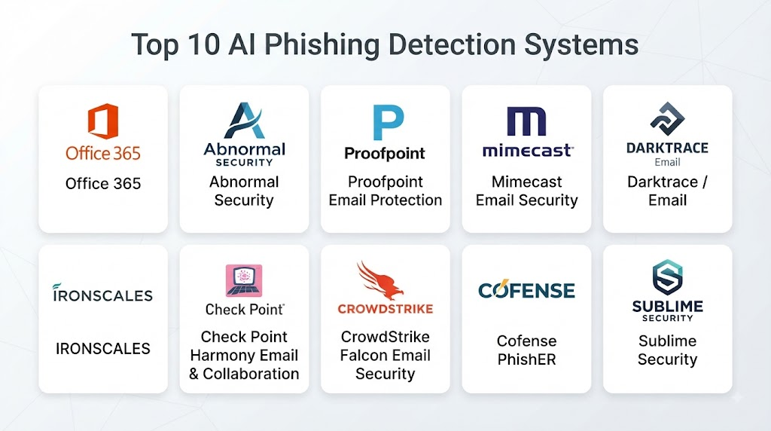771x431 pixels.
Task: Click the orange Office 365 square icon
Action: pos(103,121)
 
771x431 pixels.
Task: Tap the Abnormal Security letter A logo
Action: pos(245,120)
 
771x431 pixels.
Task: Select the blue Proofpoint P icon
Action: pos(388,123)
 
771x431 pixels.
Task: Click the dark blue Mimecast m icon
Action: pos(526,121)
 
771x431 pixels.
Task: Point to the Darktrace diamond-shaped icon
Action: pos(667,118)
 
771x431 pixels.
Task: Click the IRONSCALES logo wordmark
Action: pos(102,293)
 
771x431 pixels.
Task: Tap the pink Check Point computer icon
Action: pos(244,280)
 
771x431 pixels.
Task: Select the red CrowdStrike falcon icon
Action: pos(380,280)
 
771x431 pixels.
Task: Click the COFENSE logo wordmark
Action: pos(526,290)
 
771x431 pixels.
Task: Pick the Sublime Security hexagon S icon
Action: pos(667,277)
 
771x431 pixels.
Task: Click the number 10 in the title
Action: pos(203,44)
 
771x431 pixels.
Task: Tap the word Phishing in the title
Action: pos(322,45)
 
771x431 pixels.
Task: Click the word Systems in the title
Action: pos(581,45)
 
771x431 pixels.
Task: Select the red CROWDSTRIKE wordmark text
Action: pos(385,309)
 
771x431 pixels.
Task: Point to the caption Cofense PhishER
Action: pos(526,350)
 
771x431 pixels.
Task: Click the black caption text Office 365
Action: pos(103,184)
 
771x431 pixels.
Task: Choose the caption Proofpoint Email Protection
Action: pos(385,191)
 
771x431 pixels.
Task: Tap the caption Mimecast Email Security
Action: pos(526,191)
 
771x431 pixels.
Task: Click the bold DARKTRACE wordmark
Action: pos(667,148)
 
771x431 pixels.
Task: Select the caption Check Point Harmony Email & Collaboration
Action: pos(244,355)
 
